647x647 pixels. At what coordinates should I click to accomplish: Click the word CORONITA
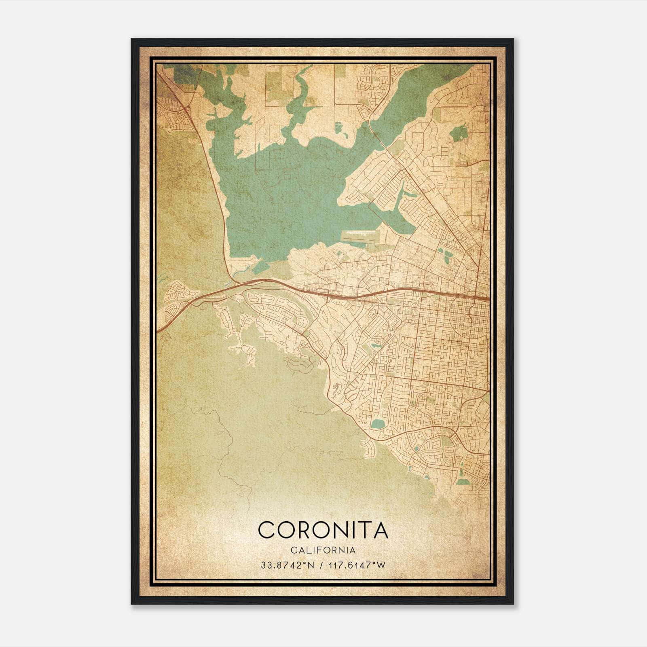[x=323, y=530]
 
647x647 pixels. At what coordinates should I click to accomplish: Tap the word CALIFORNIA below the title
[x=323, y=550]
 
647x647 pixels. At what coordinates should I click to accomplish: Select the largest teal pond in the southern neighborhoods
[x=378, y=424]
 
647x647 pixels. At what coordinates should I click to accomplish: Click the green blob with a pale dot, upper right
[x=457, y=133]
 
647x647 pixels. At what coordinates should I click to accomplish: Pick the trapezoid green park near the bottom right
[x=465, y=482]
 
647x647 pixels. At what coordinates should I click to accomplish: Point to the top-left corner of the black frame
[x=132, y=40]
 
